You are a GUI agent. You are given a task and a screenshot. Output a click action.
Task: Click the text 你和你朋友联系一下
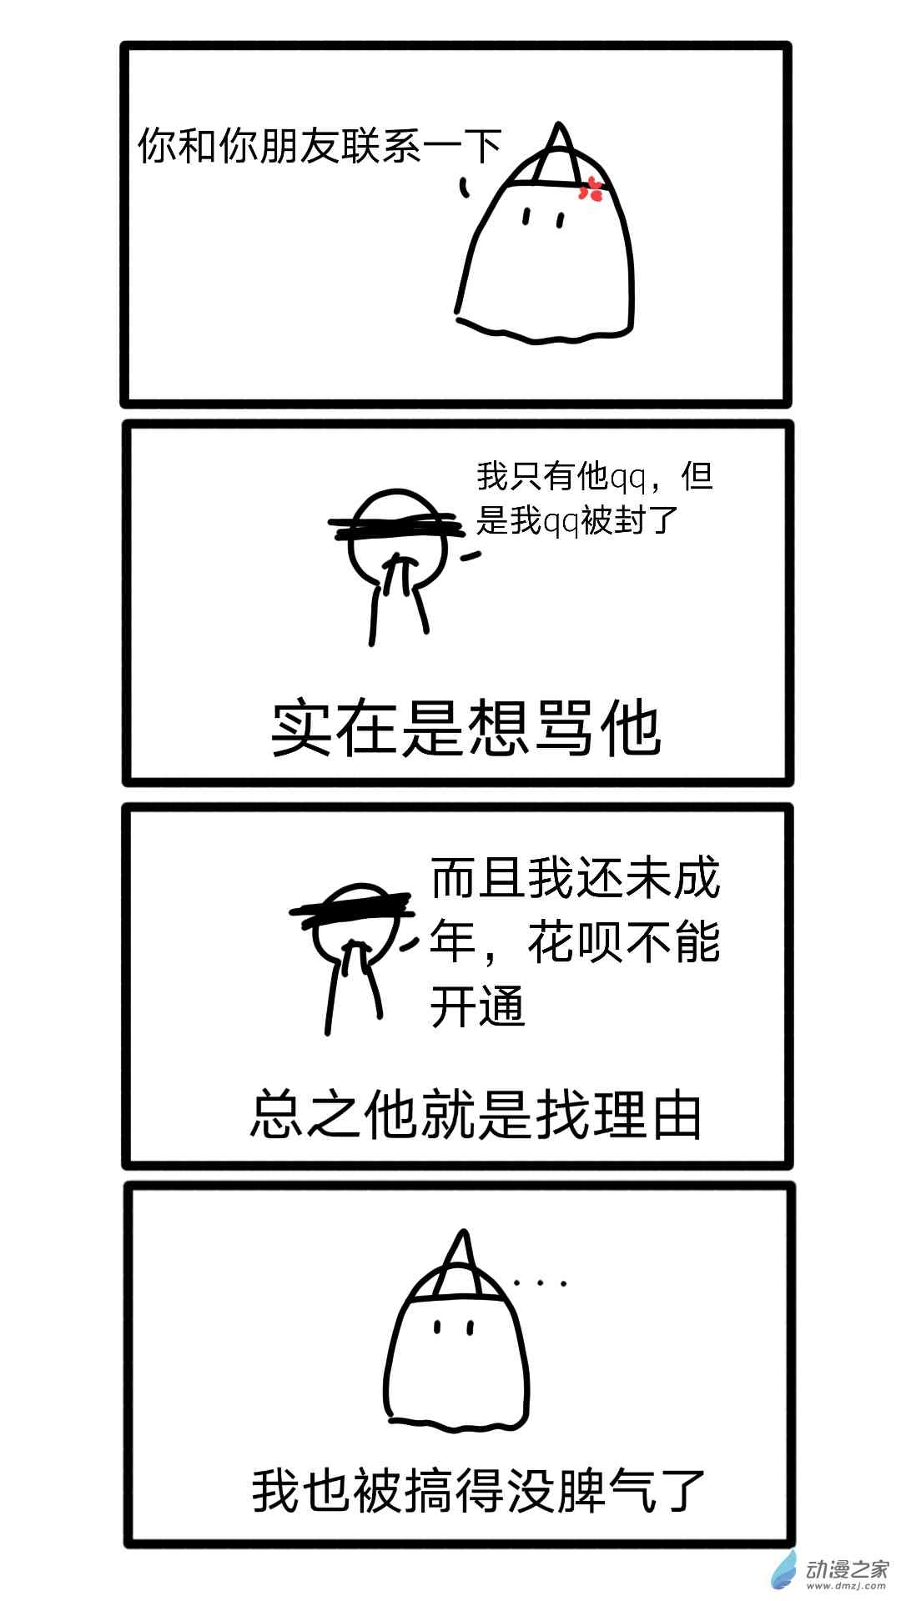point(320,146)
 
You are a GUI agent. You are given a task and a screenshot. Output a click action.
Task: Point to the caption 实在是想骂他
point(466,729)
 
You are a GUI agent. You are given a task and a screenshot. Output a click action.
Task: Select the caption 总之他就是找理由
point(476,1115)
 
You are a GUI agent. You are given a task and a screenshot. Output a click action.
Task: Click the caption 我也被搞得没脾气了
point(479,1490)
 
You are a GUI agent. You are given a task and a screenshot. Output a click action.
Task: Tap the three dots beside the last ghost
point(541,1283)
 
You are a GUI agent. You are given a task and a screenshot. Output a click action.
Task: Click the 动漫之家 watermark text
point(847,1568)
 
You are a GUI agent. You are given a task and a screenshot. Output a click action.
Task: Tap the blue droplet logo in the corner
point(784,1571)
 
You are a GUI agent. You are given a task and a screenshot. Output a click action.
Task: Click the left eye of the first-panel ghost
point(526,217)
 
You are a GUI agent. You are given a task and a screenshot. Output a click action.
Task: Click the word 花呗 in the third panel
point(576,943)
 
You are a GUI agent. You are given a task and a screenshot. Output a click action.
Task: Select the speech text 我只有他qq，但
point(594,476)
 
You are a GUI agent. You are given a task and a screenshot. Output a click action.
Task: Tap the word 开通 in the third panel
point(477,1006)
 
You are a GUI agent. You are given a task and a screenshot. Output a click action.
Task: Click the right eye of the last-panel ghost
point(471,1326)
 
